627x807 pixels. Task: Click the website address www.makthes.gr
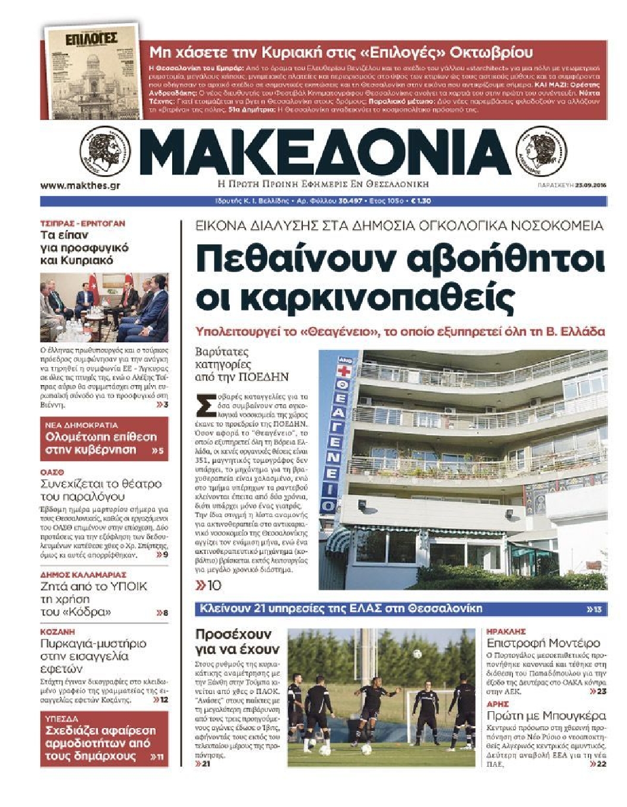[x=80, y=185]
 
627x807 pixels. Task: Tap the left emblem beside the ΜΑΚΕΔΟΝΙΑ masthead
[x=107, y=152]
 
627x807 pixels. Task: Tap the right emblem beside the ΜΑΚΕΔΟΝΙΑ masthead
[x=541, y=152]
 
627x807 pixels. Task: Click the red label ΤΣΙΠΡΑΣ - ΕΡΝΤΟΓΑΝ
[x=83, y=223]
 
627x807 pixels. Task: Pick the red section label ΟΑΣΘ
[x=52, y=472]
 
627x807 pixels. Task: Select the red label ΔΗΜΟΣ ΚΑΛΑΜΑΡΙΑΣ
[x=83, y=575]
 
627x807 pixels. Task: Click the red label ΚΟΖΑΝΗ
[x=58, y=632]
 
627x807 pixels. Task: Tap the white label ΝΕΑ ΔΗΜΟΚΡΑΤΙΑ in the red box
[x=81, y=425]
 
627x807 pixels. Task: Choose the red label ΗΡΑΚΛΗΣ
[x=506, y=632]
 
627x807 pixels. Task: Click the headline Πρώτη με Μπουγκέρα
[x=546, y=715]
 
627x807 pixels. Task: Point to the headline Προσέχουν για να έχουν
[x=236, y=641]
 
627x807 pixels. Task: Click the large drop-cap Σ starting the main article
[x=204, y=407]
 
